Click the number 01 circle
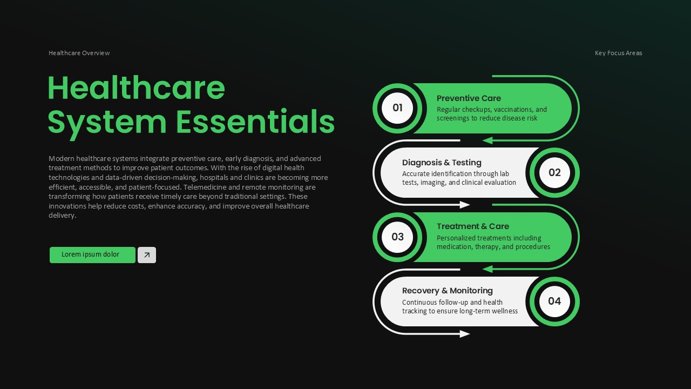397,108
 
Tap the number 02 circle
554,173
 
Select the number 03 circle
397,237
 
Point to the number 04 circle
554,301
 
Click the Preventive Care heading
469,98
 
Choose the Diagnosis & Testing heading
442,163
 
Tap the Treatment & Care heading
472,226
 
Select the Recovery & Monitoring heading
447,291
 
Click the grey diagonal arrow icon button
147,255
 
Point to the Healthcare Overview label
79,53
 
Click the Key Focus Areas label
618,53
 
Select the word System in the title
107,123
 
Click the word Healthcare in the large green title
136,88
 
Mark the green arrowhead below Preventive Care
487,140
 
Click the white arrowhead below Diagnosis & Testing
465,205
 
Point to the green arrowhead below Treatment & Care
487,269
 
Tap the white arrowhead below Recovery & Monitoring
465,334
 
